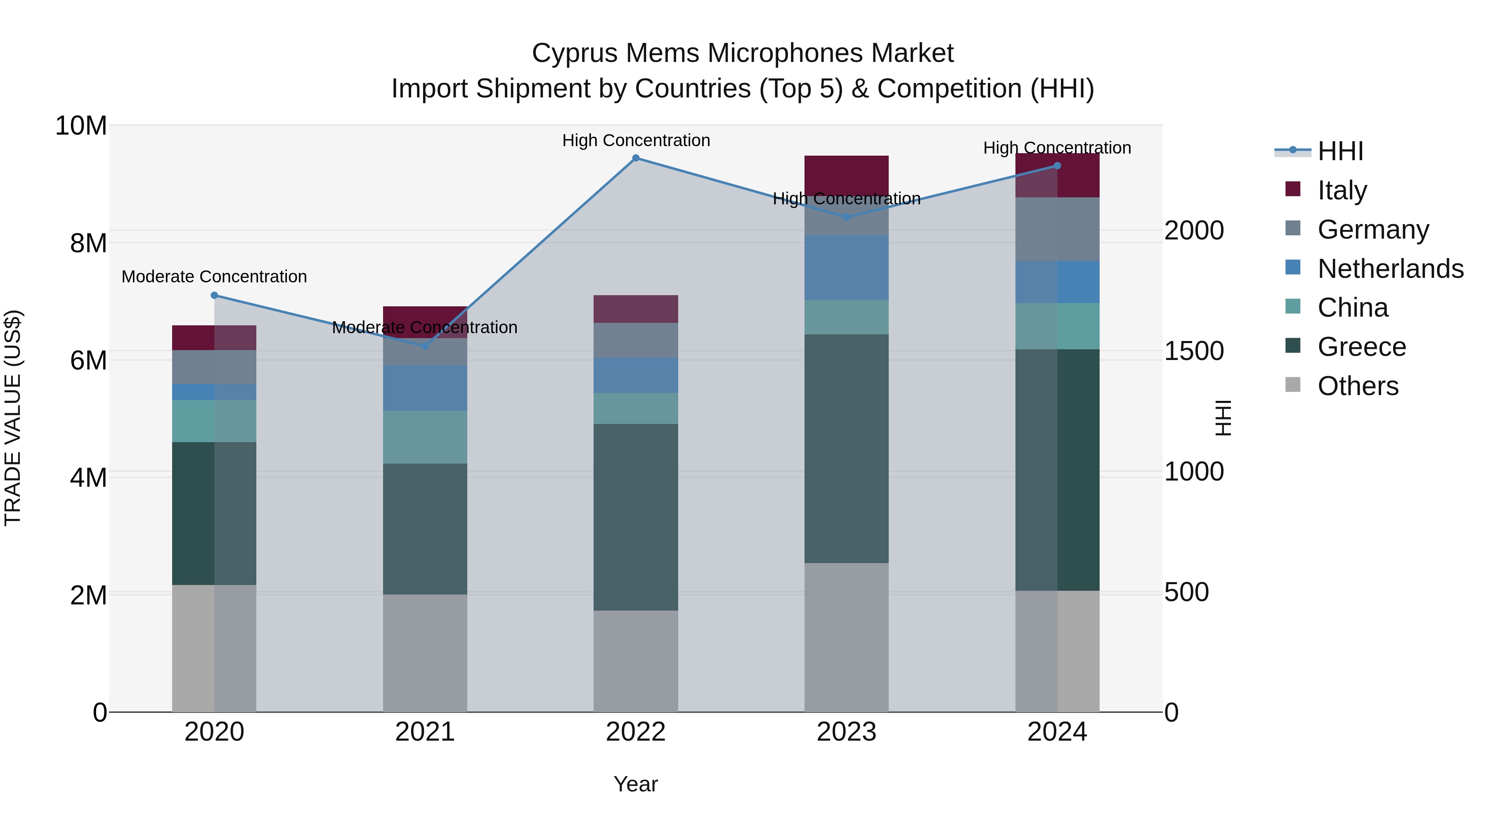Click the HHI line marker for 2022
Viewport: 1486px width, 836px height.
[x=636, y=158]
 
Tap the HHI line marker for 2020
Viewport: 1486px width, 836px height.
[x=214, y=296]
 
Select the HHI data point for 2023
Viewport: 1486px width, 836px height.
[x=846, y=218]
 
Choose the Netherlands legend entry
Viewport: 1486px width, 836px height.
[x=1390, y=268]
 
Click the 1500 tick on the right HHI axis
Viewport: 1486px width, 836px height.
[x=1193, y=351]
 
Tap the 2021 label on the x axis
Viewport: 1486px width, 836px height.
[x=425, y=732]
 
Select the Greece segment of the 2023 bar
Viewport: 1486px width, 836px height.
[x=846, y=448]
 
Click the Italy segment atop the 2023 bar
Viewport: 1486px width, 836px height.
[x=846, y=173]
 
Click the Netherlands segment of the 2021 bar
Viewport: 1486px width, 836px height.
[x=425, y=388]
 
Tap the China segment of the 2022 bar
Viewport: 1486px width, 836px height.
[x=636, y=408]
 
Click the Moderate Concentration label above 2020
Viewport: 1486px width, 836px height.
[x=214, y=277]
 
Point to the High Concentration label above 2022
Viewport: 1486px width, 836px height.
[x=636, y=140]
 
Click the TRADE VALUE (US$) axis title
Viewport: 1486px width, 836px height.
[x=13, y=418]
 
